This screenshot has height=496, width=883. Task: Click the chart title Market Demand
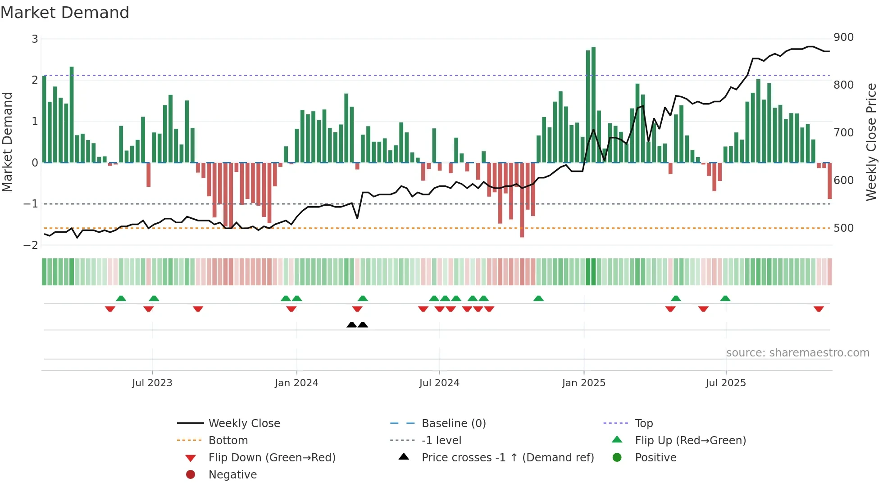pyautogui.click(x=65, y=13)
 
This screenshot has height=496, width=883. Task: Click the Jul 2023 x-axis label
pyautogui.click(x=152, y=383)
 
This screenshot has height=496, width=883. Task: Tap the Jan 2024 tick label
pyautogui.click(x=296, y=383)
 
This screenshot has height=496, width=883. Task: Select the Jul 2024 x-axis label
pyautogui.click(x=439, y=383)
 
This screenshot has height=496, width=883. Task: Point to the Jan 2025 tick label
pyautogui.click(x=584, y=383)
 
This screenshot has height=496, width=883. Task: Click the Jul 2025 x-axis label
pyautogui.click(x=726, y=383)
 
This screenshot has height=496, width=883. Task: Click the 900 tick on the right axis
pyautogui.click(x=843, y=37)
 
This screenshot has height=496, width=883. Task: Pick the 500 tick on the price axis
pyautogui.click(x=843, y=228)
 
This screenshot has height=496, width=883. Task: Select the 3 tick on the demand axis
pyautogui.click(x=35, y=39)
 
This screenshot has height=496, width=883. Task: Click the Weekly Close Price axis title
pyautogui.click(x=871, y=142)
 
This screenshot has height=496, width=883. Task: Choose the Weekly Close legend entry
pyautogui.click(x=244, y=424)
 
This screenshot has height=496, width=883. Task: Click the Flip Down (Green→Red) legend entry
pyautogui.click(x=272, y=458)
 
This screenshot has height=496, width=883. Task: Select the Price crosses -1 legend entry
pyautogui.click(x=508, y=458)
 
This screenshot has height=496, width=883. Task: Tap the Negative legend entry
pyautogui.click(x=232, y=475)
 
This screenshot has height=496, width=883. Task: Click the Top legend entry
pyautogui.click(x=644, y=424)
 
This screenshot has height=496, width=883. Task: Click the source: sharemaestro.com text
pyautogui.click(x=797, y=353)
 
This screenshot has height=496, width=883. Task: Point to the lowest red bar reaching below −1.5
pyautogui.click(x=522, y=200)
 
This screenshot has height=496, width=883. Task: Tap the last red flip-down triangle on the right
pyautogui.click(x=819, y=309)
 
